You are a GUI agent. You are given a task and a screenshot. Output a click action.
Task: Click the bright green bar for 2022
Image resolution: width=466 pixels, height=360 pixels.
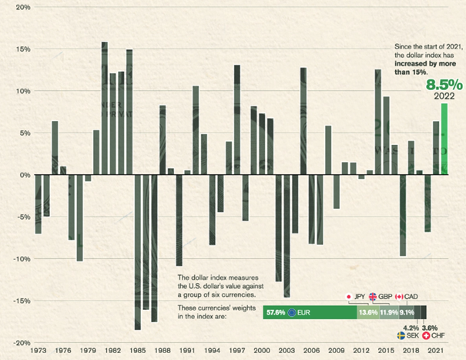(x=444, y=139)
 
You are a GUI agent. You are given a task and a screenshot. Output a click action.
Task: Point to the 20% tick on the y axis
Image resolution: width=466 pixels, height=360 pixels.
(x=22, y=7)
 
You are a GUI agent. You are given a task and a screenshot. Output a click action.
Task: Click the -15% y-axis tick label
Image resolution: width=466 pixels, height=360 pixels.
(x=20, y=301)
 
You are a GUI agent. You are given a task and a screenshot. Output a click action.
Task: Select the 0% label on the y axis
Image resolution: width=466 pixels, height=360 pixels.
(x=25, y=175)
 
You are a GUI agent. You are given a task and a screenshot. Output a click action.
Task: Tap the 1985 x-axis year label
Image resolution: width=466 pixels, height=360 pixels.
(x=138, y=352)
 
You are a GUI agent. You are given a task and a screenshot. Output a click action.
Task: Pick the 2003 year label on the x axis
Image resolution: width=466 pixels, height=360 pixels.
(x=287, y=352)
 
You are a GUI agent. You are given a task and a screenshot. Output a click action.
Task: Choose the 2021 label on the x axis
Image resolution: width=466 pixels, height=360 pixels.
(x=437, y=352)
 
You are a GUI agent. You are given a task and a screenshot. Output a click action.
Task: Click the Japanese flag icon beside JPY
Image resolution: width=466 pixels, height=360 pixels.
(x=348, y=297)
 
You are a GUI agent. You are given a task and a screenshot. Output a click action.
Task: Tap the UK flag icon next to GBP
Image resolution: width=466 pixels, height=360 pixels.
(x=372, y=297)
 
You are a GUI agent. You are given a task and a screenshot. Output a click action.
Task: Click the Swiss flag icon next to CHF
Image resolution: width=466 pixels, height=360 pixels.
(x=427, y=336)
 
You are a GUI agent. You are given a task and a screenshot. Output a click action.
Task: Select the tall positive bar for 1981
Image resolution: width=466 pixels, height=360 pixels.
(x=105, y=108)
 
